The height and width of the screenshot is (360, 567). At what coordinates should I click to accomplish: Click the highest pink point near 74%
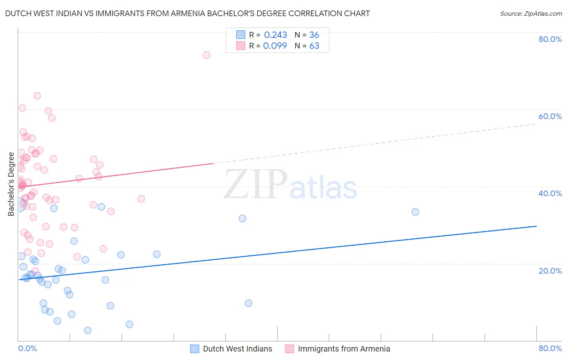[x=206, y=55]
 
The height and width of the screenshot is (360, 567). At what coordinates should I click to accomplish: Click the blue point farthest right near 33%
[x=415, y=212]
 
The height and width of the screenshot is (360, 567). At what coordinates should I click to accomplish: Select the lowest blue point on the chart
[x=88, y=331]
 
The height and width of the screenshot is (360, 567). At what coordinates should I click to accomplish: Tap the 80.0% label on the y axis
[x=550, y=39]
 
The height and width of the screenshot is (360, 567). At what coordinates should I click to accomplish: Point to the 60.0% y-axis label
[x=550, y=116]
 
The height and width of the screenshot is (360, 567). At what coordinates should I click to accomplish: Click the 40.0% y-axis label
[x=550, y=193]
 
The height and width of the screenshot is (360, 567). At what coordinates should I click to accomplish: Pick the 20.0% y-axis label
[x=550, y=271]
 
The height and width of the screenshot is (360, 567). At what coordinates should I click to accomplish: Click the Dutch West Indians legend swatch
[x=195, y=349]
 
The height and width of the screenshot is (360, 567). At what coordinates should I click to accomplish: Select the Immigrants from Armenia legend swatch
[x=289, y=349]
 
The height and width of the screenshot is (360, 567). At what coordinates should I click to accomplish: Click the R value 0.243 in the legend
[x=275, y=35]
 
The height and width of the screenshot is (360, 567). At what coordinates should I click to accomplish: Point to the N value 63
[x=314, y=46]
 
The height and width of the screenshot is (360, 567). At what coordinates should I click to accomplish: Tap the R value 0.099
[x=275, y=46]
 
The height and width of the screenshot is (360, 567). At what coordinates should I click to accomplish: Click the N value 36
[x=314, y=35]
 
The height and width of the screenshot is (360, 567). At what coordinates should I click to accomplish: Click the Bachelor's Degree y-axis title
[x=11, y=184]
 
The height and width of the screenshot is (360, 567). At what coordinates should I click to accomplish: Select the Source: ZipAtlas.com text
[x=531, y=14]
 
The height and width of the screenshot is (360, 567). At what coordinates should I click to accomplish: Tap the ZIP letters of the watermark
[x=256, y=185]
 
